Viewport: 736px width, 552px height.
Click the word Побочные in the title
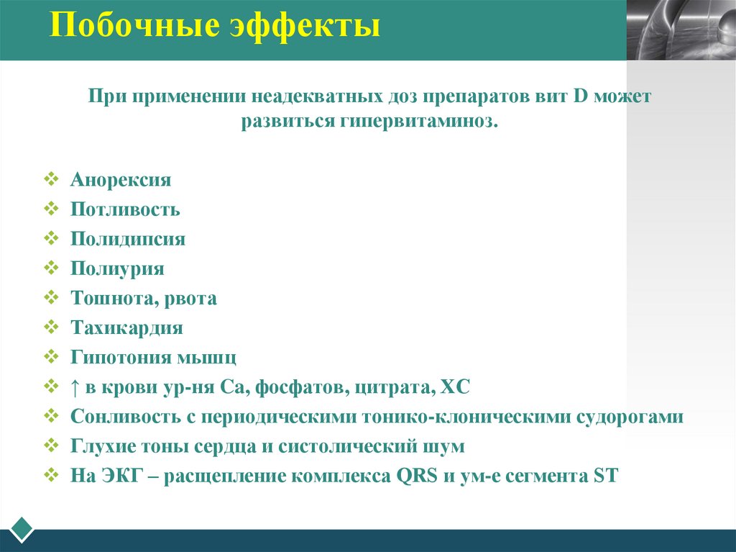[123, 27]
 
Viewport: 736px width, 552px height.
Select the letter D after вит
[581, 96]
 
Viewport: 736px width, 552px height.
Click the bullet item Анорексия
[121, 180]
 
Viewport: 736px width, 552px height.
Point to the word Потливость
[125, 209]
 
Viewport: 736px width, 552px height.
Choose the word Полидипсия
[128, 239]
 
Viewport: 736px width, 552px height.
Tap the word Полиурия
[117, 268]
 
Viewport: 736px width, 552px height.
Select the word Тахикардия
[126, 328]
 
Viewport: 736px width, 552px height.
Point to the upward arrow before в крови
[75, 387]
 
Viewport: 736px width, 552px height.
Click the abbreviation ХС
[454, 387]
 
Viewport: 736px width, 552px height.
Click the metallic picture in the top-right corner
[681, 30]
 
